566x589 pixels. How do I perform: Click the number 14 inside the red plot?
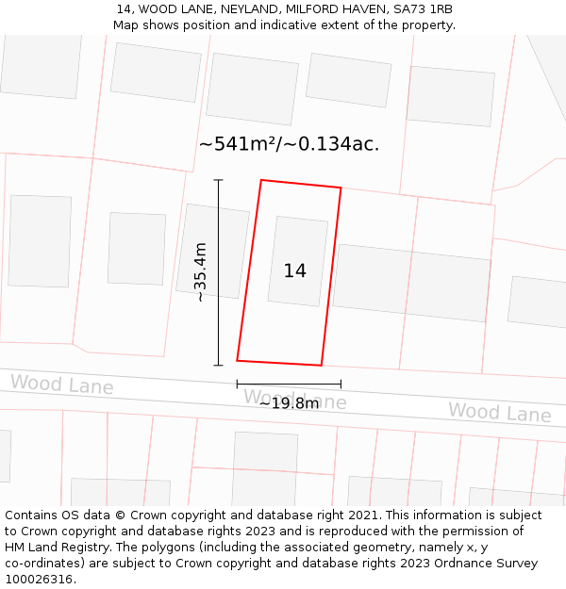294,271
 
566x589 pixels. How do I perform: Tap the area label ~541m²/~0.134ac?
289,144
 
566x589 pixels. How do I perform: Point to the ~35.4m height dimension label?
200,272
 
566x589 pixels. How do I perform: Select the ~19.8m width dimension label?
289,403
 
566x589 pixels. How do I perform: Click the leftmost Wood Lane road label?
61,384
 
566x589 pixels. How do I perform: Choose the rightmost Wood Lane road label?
499,412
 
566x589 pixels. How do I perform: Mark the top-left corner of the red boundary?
261,180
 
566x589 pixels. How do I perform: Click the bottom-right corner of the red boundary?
321,365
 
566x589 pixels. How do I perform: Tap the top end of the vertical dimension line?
218,180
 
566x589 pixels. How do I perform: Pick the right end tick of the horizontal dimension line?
341,384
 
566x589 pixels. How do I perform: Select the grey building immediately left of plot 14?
212,251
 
